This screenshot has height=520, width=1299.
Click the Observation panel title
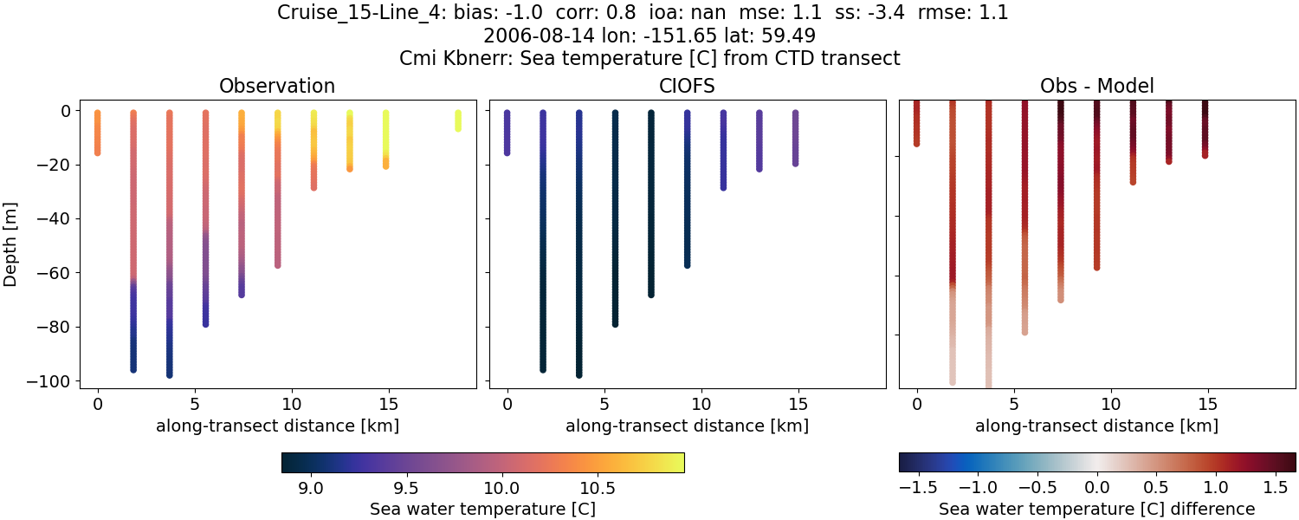click(277, 86)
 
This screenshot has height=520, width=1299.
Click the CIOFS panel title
click(687, 86)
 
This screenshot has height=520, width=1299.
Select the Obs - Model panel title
click(1096, 86)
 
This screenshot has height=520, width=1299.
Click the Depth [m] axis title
click(11, 245)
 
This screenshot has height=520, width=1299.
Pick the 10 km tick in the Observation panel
click(292, 403)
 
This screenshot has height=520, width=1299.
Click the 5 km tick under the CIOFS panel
click(604, 403)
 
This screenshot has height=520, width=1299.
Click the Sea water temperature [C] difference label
click(1096, 509)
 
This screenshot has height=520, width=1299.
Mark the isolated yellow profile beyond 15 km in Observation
click(458, 120)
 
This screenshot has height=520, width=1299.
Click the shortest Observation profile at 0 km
click(98, 133)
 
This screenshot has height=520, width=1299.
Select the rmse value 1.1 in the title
click(994, 13)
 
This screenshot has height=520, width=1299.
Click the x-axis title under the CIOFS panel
click(687, 426)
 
